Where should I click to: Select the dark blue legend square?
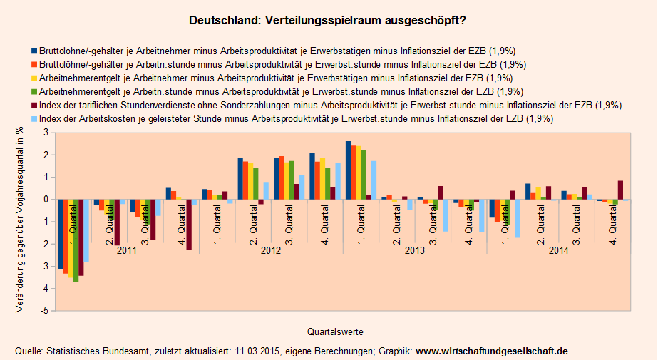click(x=34, y=51)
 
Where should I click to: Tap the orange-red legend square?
click(x=34, y=64)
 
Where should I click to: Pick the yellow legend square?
click(x=34, y=78)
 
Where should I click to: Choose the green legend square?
click(x=34, y=91)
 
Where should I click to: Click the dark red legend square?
click(x=34, y=105)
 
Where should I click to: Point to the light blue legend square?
click(x=34, y=118)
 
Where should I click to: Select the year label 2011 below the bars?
click(x=127, y=251)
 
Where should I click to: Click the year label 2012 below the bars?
click(x=271, y=251)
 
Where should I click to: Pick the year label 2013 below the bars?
click(x=415, y=251)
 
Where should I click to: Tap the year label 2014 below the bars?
click(x=558, y=251)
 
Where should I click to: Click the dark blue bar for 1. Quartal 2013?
click(x=348, y=170)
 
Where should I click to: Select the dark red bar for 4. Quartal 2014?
click(x=620, y=190)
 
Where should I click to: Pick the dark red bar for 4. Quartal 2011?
click(x=189, y=225)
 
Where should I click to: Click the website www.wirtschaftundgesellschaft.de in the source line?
click(x=492, y=351)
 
